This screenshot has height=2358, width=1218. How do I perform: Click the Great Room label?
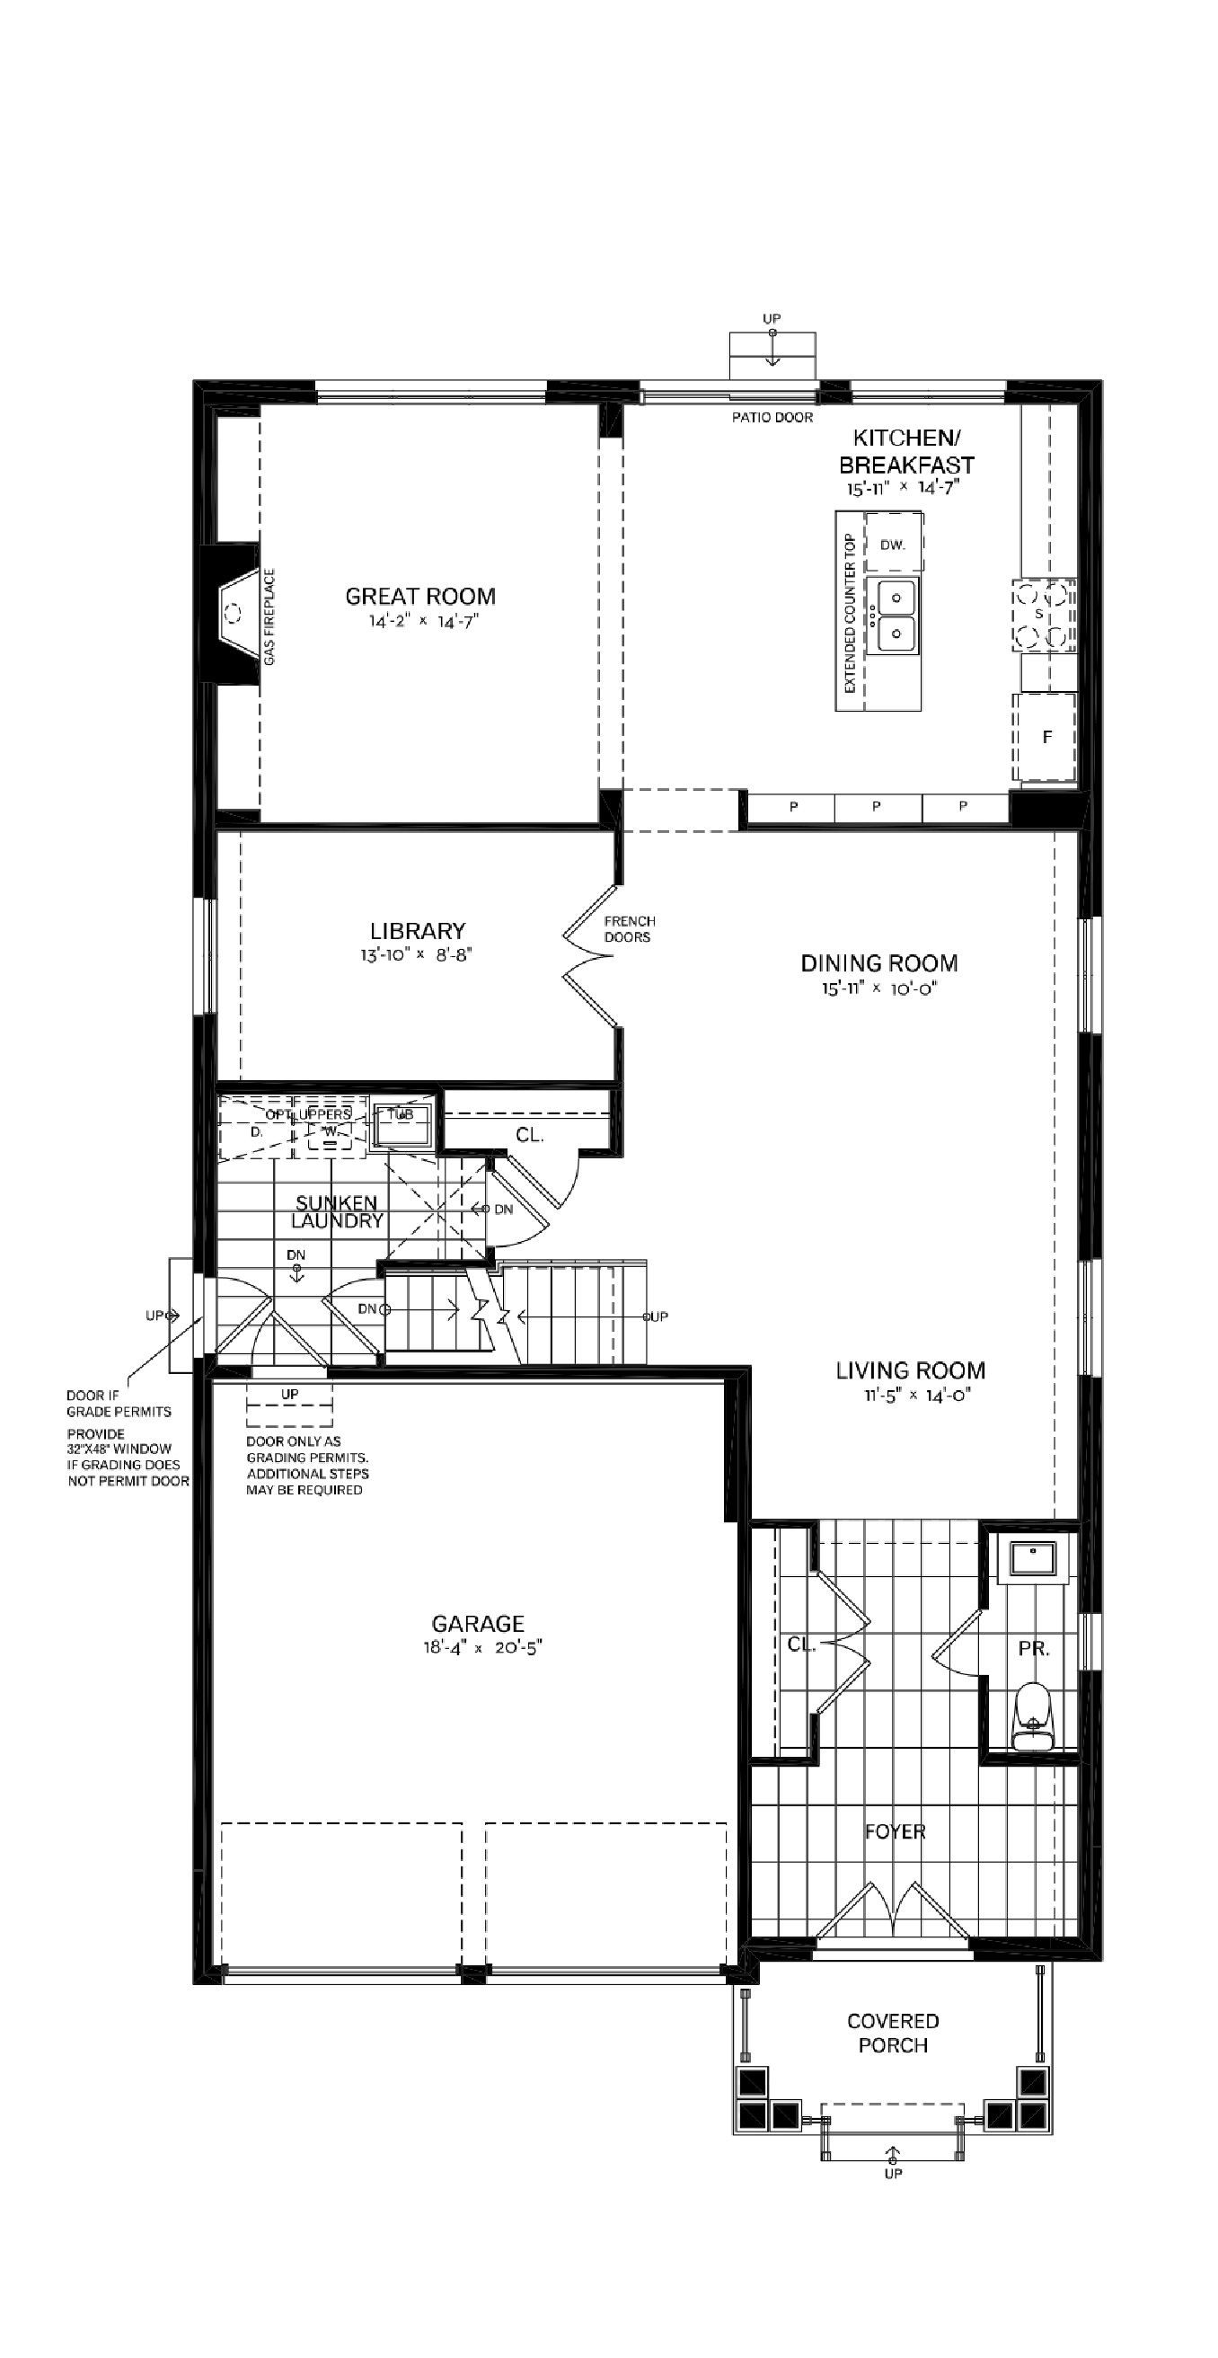tap(420, 596)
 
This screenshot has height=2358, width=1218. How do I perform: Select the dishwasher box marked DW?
tap(893, 544)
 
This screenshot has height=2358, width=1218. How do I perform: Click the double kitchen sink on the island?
tap(894, 615)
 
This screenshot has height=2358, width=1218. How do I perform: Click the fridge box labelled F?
tap(1046, 737)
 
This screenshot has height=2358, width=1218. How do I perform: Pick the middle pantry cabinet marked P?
tap(877, 806)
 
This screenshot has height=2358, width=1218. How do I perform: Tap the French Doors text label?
tap(629, 929)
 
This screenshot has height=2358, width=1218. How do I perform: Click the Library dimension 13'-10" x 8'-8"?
tap(417, 954)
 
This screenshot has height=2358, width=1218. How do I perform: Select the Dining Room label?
tap(878, 962)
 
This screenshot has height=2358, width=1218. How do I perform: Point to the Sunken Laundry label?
tap(336, 1211)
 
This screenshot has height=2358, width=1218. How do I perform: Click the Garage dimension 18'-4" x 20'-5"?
tap(478, 1649)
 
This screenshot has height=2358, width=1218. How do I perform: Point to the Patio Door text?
tap(772, 417)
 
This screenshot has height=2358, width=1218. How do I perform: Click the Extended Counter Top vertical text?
tap(850, 611)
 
